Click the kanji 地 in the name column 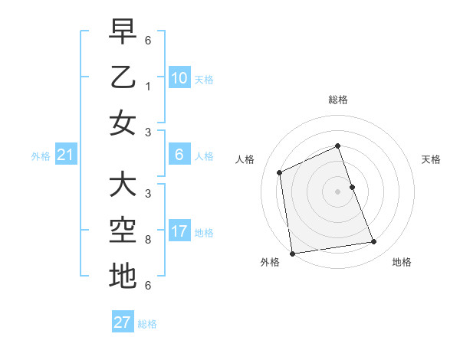[123, 276]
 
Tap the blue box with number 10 [179, 77]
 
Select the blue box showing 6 [179, 155]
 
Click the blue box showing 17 [179, 231]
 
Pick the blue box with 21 [66, 155]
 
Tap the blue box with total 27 [123, 322]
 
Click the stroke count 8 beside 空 [147, 240]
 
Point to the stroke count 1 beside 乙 [147, 86]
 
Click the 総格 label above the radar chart [338, 100]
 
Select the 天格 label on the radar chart [431, 159]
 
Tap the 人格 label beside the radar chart [245, 159]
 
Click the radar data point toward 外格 [292, 253]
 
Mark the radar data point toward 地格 [374, 242]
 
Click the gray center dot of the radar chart [338, 191]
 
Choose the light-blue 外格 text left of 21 [41, 156]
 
